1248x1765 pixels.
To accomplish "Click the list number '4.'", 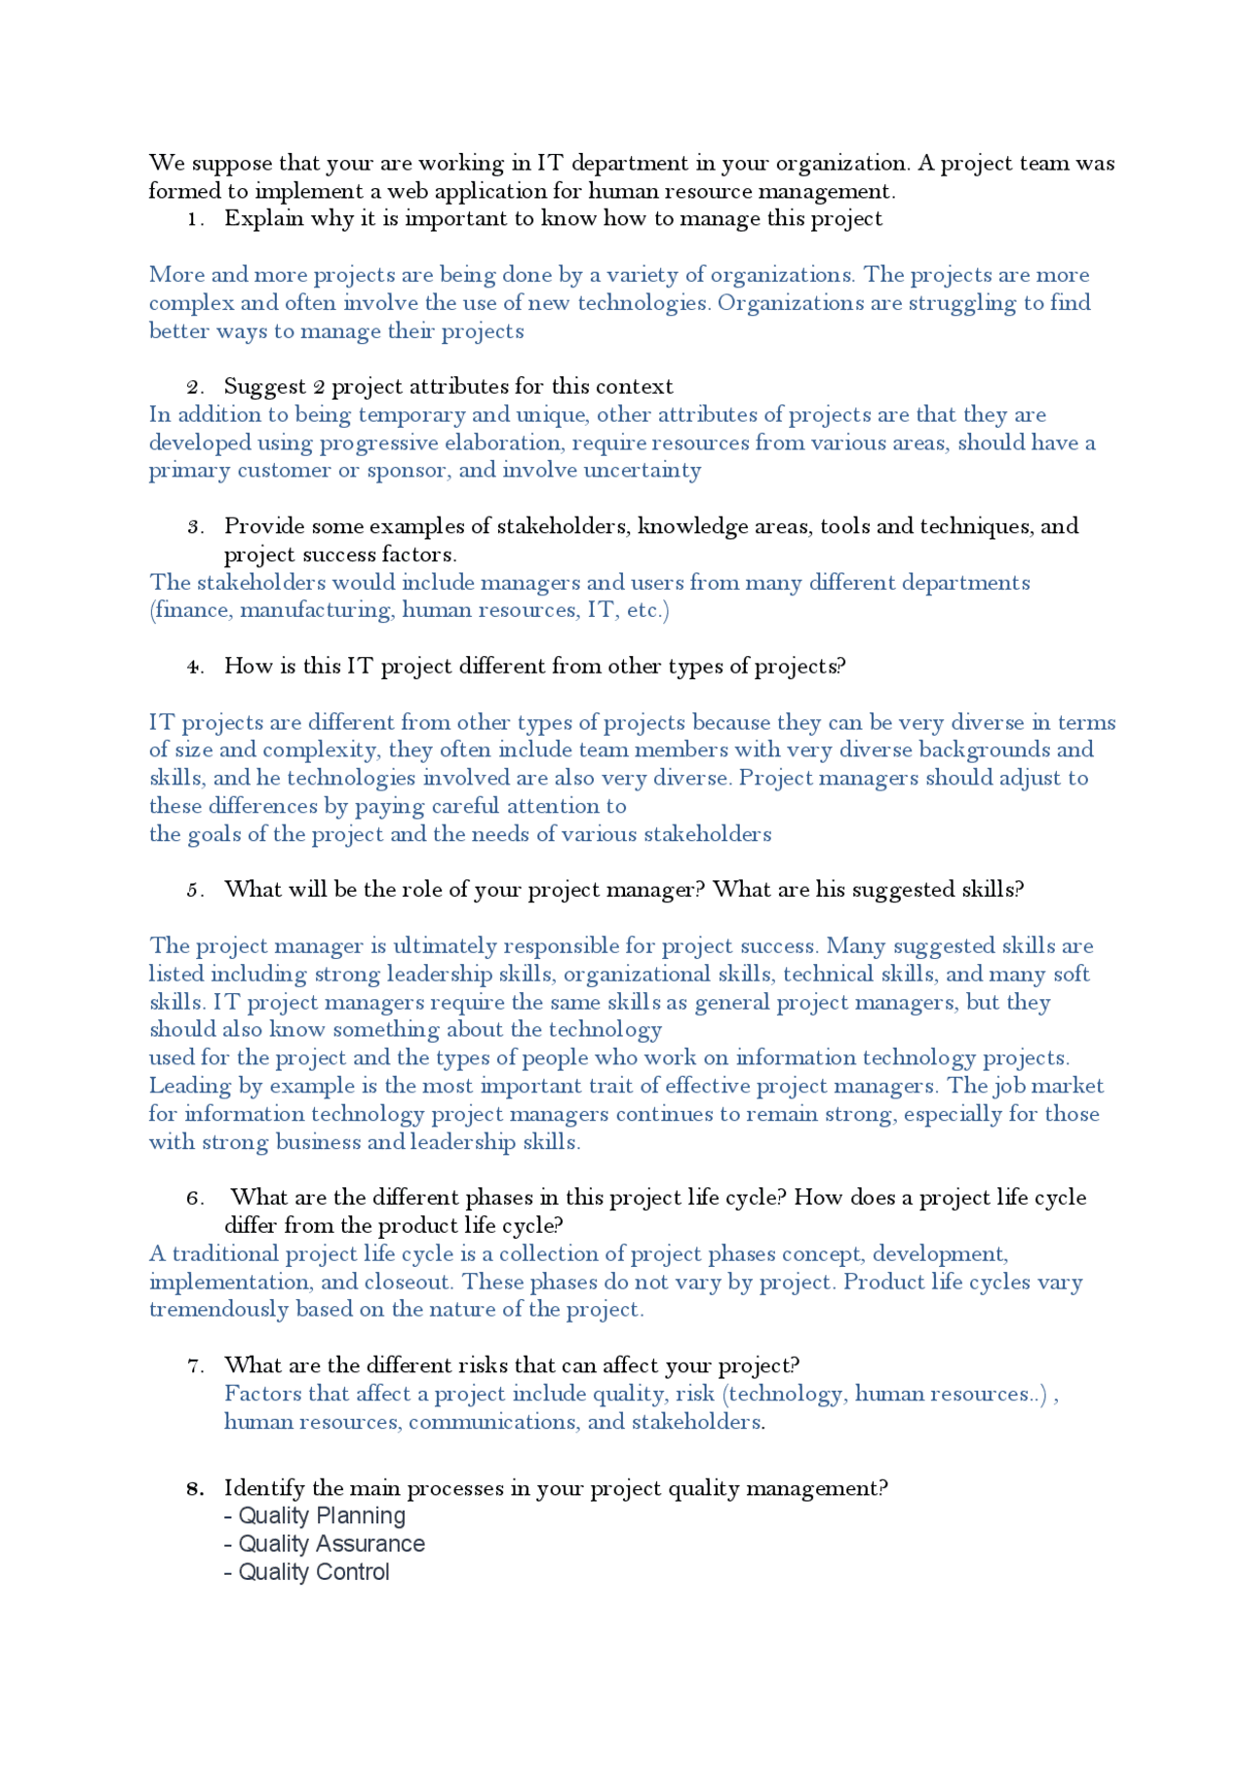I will tap(195, 668).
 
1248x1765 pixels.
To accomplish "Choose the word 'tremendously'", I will tap(218, 1310).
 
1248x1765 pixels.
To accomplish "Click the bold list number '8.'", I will tap(195, 1489).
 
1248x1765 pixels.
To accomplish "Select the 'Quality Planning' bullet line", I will tap(315, 1516).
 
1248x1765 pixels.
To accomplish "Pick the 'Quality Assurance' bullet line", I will tap(325, 1545).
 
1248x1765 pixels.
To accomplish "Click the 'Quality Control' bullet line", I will tap(307, 1573).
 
